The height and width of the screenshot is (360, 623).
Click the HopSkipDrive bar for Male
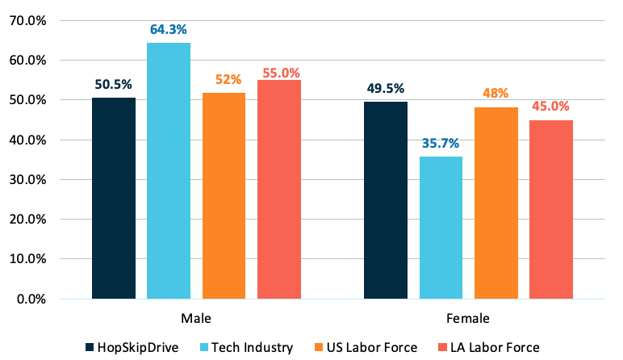pos(114,199)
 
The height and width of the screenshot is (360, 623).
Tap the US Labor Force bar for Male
pos(224,196)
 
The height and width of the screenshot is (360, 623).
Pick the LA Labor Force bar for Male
pos(278,190)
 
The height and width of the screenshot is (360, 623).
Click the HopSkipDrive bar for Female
pos(386,200)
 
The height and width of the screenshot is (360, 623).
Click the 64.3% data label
pos(169,30)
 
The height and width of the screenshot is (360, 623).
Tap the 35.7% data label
pos(441,144)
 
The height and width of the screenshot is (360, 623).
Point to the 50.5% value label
pos(114,85)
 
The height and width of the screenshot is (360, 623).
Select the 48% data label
pos(495,94)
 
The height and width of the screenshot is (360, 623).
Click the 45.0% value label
pos(550,107)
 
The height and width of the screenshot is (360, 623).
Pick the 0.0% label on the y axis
pos(33,299)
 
